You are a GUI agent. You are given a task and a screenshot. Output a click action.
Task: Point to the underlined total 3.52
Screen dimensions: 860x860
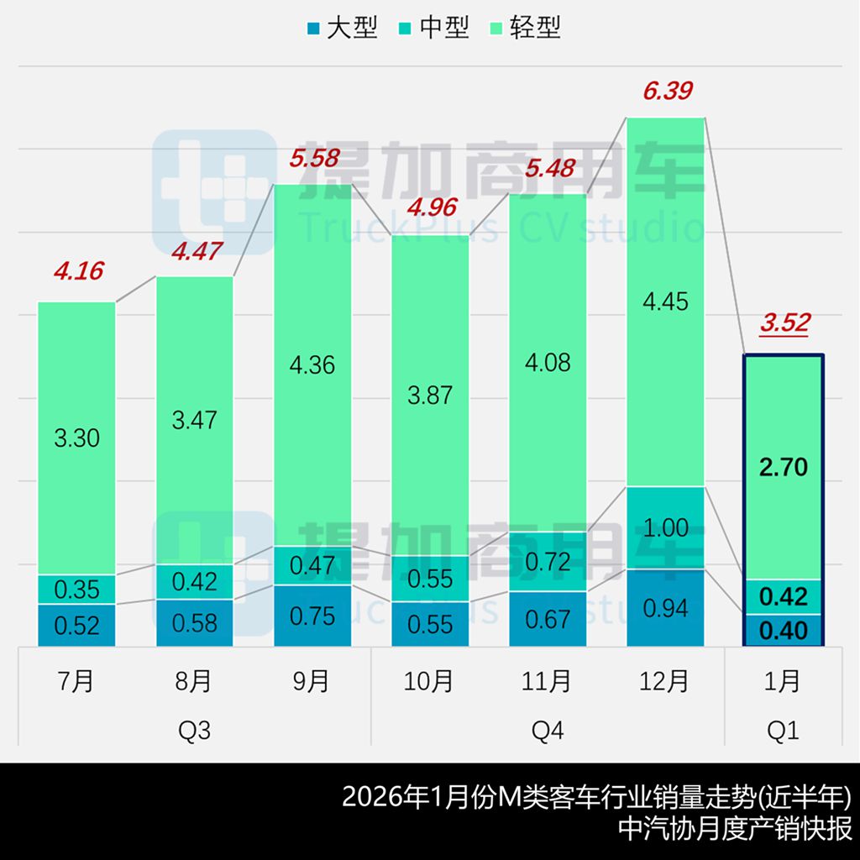tap(784, 322)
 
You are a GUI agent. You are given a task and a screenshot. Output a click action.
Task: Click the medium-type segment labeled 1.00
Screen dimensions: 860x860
tap(665, 527)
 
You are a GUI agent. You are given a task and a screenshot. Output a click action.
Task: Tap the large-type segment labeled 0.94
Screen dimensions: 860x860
tap(665, 607)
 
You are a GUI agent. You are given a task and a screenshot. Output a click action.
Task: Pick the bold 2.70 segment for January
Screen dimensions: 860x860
tap(783, 467)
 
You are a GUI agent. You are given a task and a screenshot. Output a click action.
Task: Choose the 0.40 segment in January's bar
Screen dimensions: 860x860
tap(783, 630)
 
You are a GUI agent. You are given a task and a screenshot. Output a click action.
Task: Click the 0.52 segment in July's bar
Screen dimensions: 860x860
tap(76, 625)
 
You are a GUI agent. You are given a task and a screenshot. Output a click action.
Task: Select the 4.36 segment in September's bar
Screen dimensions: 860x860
tap(312, 365)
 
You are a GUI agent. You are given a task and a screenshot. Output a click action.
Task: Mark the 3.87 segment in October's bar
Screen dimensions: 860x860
tap(430, 396)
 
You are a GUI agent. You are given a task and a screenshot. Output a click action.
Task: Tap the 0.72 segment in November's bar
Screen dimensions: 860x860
tap(548, 561)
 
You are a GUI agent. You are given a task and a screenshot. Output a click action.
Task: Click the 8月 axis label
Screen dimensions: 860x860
tap(194, 681)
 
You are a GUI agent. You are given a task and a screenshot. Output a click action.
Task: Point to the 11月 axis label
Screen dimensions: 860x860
tap(548, 681)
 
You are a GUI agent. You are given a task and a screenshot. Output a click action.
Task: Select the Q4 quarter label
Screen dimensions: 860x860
tap(548, 732)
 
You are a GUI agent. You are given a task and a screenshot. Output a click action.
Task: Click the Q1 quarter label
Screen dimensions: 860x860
tap(783, 732)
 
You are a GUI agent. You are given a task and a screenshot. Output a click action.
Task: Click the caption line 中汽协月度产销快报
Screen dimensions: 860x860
tap(735, 828)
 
